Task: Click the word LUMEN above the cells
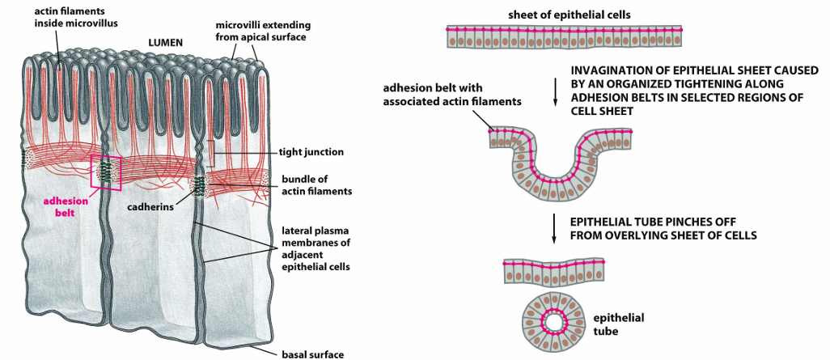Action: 164,44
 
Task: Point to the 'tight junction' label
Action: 311,152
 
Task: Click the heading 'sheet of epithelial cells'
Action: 569,15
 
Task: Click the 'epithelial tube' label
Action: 618,324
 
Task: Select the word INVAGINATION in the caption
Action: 609,71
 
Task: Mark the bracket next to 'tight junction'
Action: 212,154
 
